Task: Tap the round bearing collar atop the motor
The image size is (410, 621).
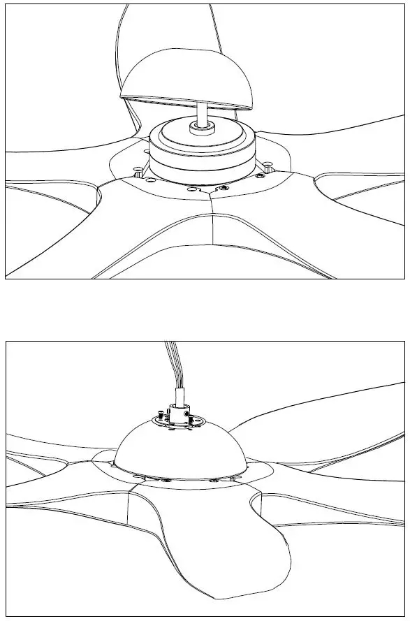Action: point(202,128)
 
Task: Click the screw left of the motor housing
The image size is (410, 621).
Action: point(138,169)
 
